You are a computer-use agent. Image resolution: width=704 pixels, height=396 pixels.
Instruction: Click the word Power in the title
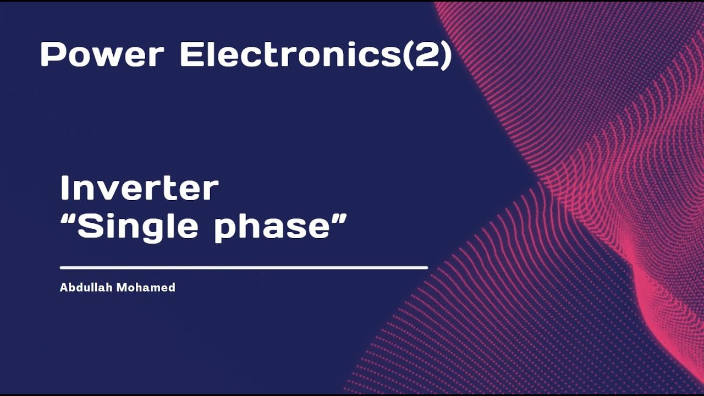click(x=102, y=55)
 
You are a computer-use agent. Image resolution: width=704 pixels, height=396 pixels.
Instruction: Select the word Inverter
click(x=139, y=189)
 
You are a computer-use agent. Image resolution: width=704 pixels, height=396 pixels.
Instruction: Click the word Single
click(x=137, y=226)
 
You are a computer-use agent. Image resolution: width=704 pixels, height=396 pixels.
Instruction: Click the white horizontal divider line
click(x=244, y=268)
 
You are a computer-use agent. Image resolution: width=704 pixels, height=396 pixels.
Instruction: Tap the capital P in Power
click(x=51, y=55)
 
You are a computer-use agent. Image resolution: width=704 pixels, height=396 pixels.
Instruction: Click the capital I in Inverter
click(x=65, y=189)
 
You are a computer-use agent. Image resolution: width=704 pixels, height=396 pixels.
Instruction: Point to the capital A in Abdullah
click(x=63, y=287)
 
